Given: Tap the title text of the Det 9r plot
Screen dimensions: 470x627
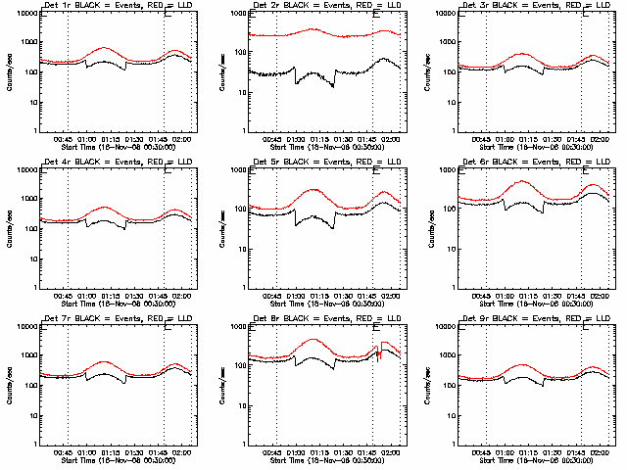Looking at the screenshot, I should click(534, 319).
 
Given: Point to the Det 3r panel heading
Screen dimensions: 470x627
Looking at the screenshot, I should click(534, 6).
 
